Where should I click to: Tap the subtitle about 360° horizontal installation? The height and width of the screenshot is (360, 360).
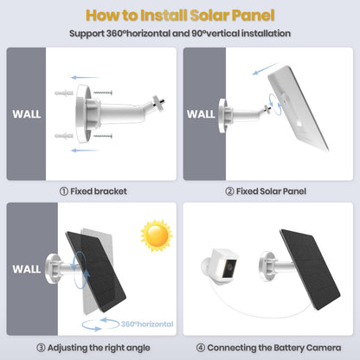180,33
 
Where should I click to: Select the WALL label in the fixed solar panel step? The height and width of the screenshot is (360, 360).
201,112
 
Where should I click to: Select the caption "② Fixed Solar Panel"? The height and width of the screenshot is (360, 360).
265,191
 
